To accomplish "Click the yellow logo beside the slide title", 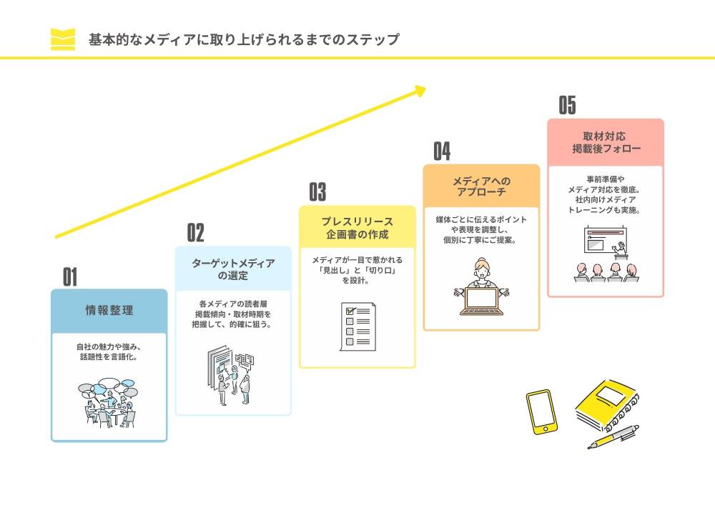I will point(63,39).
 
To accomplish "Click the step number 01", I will point(69,276).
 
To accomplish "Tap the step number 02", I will point(195,233).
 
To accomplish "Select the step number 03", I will point(317,191).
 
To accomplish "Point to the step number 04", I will point(442,151).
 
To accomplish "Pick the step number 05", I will point(567,106).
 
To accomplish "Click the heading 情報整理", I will point(109,311).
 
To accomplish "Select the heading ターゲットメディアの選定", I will point(233,269).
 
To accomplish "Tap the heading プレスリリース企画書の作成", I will point(357,227).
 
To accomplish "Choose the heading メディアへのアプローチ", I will point(481,187).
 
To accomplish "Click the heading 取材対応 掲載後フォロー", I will point(606,142).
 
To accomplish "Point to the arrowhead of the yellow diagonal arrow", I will point(420,90).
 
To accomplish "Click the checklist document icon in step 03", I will point(357,326).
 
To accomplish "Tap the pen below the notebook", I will point(613,436).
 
